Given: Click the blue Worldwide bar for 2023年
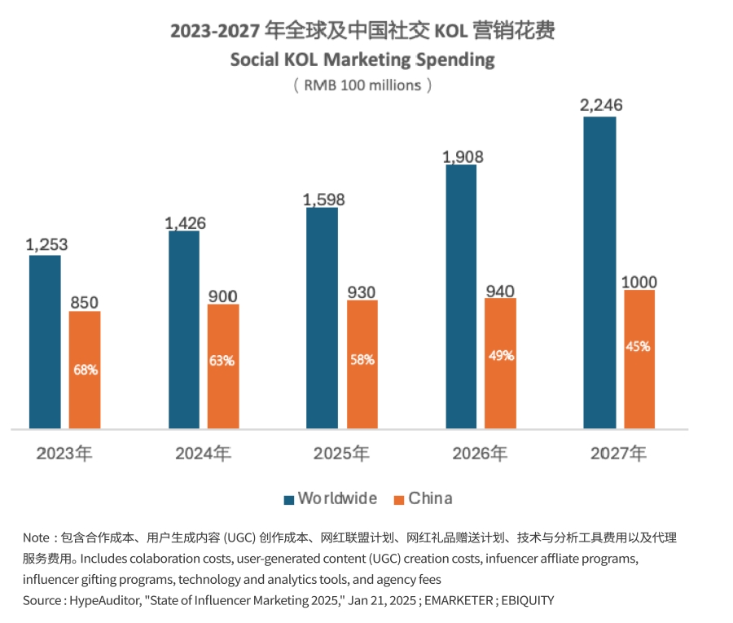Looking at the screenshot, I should point(45,342).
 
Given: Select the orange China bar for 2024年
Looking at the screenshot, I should point(223,366).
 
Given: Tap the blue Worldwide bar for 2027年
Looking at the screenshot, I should point(599,272).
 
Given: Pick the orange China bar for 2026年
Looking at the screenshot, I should point(500,363).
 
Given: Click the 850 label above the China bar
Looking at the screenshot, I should point(84,302).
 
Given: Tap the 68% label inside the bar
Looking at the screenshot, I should point(85,369).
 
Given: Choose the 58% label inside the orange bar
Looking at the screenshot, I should point(362,359).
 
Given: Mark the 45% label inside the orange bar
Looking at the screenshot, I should point(639,346).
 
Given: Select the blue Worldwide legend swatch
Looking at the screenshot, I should point(288,499).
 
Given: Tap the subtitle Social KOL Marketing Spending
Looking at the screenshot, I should point(362,59).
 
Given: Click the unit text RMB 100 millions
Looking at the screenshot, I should point(362,85).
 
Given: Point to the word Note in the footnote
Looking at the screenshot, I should point(37,538).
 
